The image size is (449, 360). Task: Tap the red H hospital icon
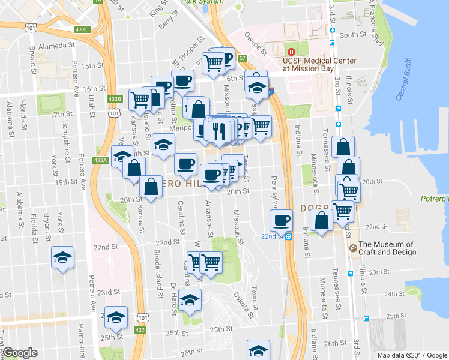[292, 52]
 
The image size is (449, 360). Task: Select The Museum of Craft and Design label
[387, 248]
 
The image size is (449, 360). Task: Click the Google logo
[20, 353]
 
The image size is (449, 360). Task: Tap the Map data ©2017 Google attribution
[413, 355]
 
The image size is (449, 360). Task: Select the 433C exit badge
[83, 29]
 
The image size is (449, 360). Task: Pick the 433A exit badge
[100, 160]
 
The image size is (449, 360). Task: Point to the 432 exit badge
[139, 329]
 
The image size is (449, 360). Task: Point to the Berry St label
[166, 23]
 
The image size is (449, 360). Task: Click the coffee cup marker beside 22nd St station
[280, 220]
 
